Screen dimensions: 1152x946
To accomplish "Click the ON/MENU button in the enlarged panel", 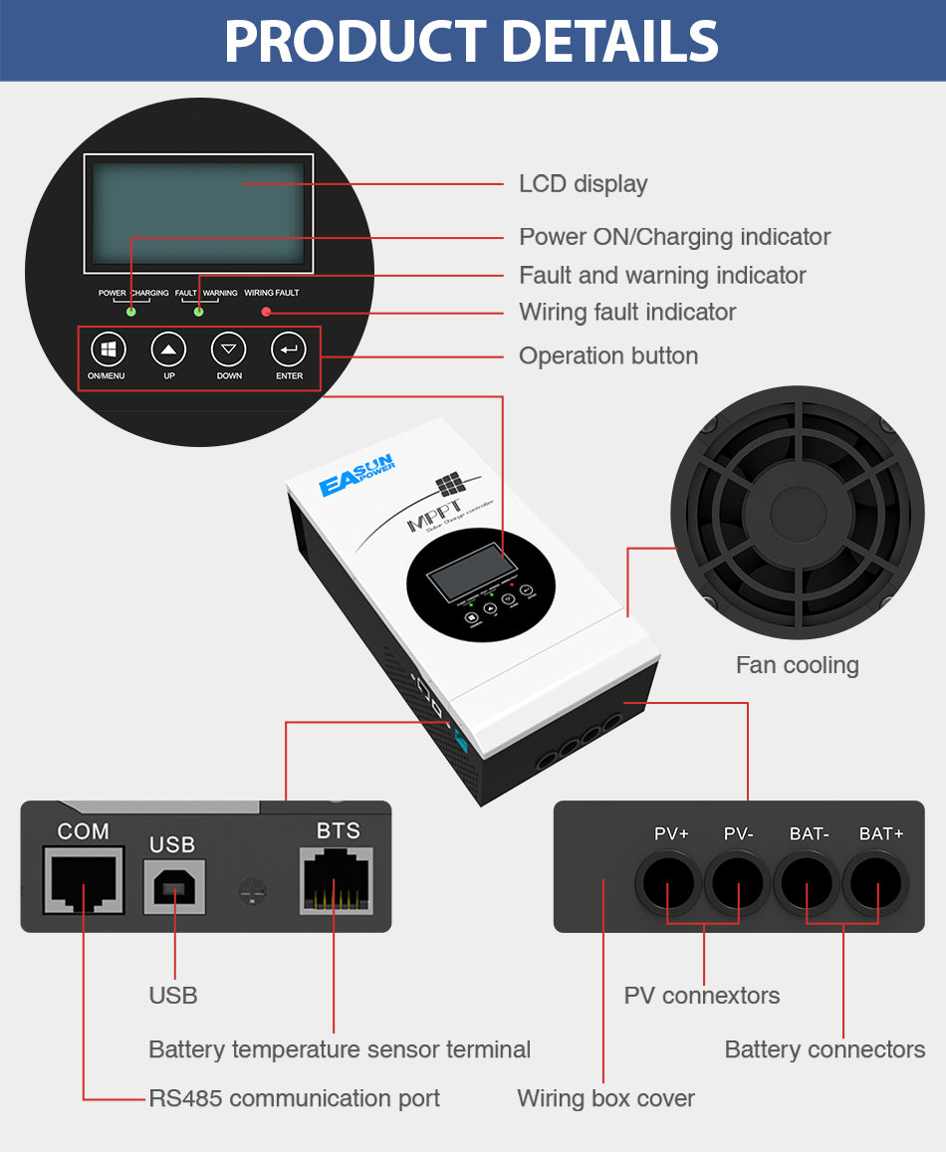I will [x=109, y=349].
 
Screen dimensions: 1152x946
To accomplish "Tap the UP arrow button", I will [x=168, y=349].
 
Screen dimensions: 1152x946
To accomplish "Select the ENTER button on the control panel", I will [x=289, y=349].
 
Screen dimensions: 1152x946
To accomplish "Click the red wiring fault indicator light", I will [x=267, y=313].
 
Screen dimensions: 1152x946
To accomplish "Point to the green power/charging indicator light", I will [x=130, y=313].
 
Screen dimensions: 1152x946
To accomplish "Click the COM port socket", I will [x=84, y=880].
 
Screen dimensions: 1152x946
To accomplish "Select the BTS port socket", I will [x=337, y=880].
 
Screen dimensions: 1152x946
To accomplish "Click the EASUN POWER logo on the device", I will [x=356, y=475].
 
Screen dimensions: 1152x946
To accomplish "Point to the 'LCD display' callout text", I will [x=583, y=184].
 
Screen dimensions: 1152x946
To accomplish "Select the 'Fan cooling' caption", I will [x=797, y=665].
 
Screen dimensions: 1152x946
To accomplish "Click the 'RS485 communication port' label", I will [x=294, y=1098].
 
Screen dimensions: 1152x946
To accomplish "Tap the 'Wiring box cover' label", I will [x=605, y=1098].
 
